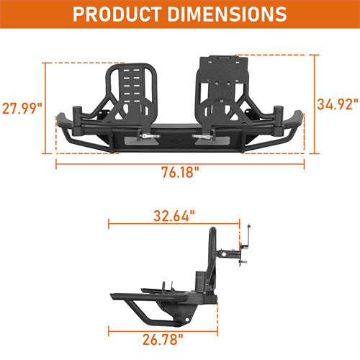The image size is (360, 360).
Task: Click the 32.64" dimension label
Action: pyautogui.click(x=173, y=214)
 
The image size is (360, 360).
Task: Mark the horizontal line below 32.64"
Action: pyautogui.click(x=173, y=225)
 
